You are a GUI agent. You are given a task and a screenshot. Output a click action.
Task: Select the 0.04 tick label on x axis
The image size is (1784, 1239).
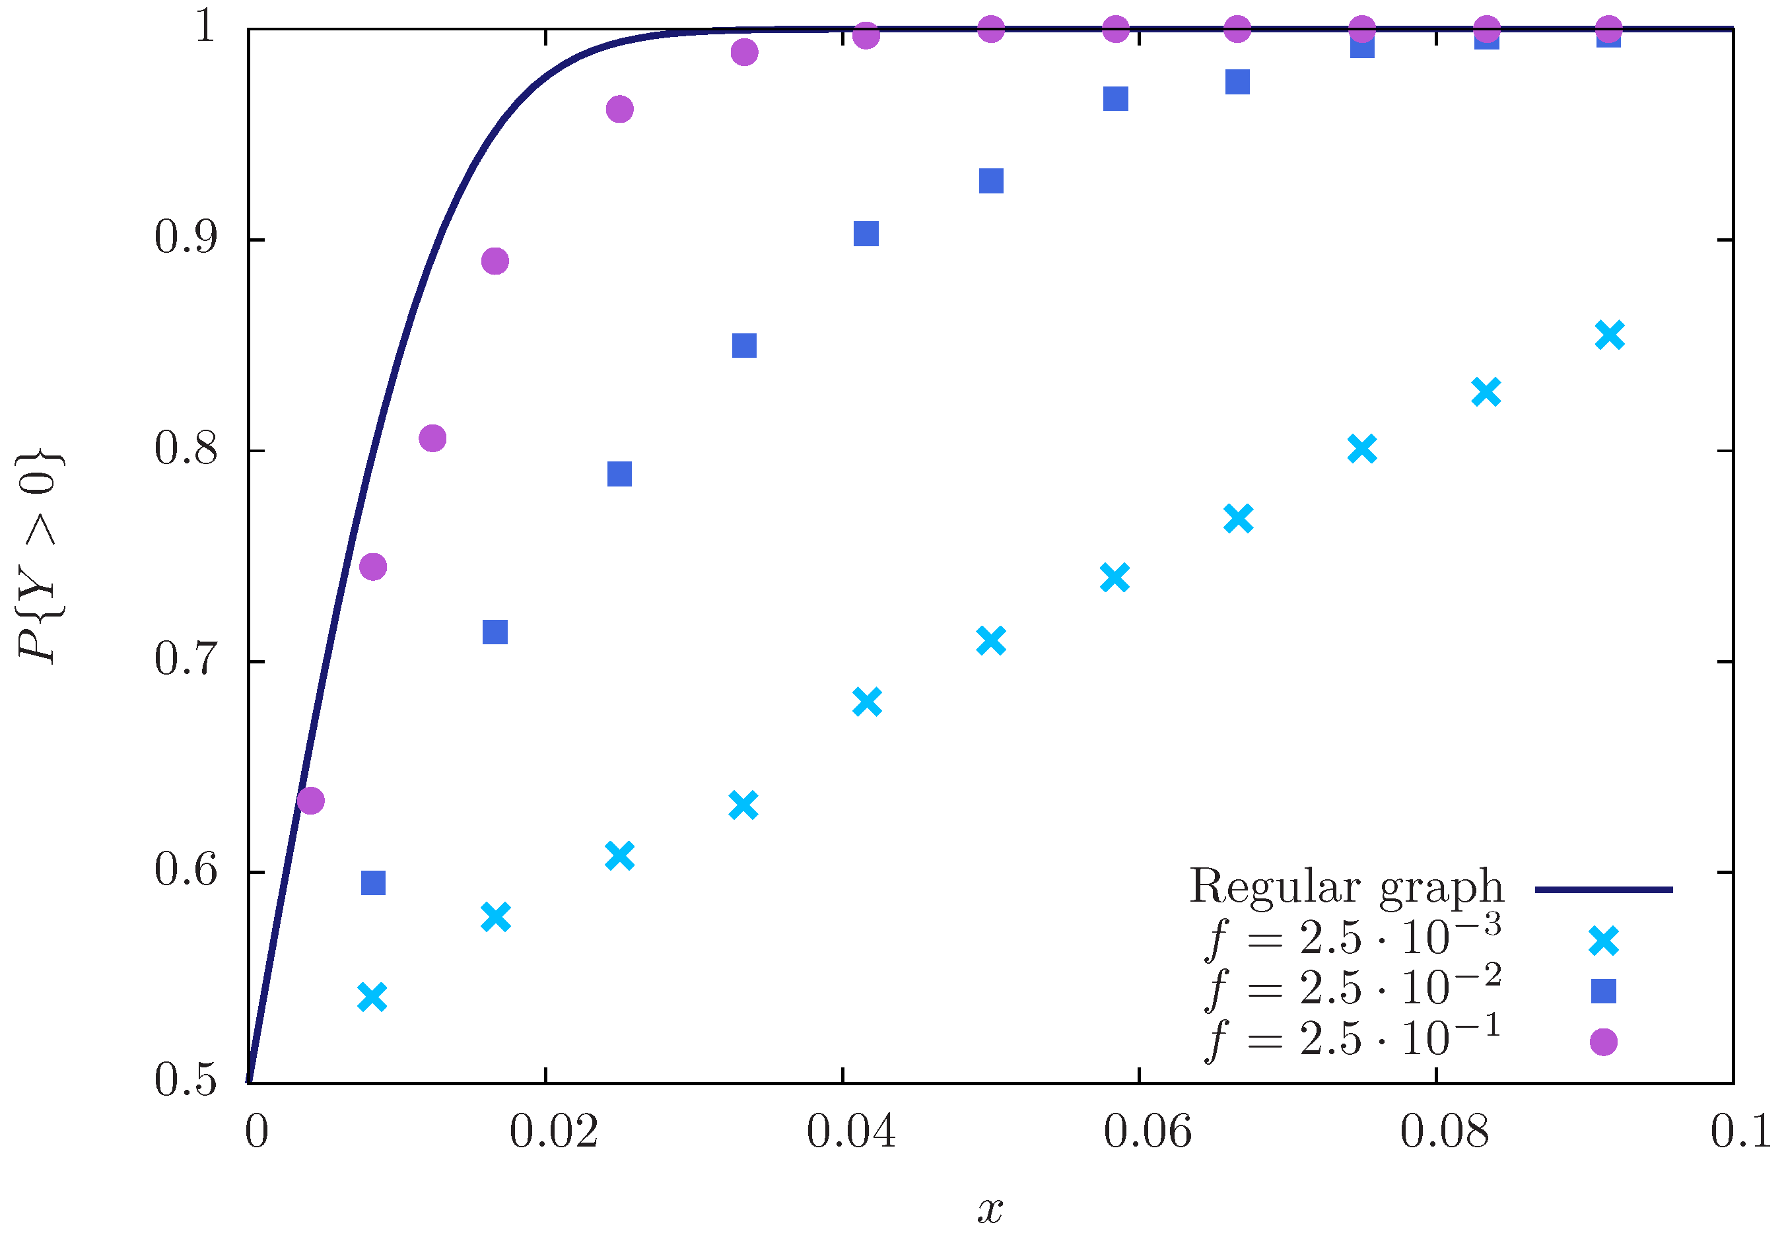pyautogui.click(x=850, y=1131)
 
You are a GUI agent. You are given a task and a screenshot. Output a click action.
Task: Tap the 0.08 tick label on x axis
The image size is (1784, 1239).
pyautogui.click(x=1444, y=1131)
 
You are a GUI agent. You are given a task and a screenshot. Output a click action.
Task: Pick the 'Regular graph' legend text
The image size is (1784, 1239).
pyautogui.click(x=1346, y=887)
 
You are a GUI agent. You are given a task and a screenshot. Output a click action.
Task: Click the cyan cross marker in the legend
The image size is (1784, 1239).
pyautogui.click(x=1603, y=940)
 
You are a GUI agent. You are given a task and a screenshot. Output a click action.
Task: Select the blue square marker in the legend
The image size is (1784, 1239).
pyautogui.click(x=1603, y=991)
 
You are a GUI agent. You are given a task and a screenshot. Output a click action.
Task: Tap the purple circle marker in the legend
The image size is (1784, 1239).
pyautogui.click(x=1603, y=1042)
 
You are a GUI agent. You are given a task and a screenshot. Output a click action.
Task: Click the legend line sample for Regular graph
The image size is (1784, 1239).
pyautogui.click(x=1603, y=890)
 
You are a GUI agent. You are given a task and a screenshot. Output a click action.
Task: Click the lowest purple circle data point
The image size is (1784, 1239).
pyautogui.click(x=310, y=801)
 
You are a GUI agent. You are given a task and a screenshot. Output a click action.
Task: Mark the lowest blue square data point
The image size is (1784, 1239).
pyautogui.click(x=374, y=883)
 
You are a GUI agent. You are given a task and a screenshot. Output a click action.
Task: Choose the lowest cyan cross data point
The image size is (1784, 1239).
pyautogui.click(x=372, y=997)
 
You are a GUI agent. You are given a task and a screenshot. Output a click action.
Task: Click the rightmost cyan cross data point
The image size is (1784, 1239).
pyautogui.click(x=1609, y=335)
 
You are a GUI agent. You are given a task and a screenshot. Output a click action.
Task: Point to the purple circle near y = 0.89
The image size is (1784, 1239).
pyautogui.click(x=495, y=261)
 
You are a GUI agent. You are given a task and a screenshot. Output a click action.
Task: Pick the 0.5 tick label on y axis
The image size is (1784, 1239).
pyautogui.click(x=185, y=1081)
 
